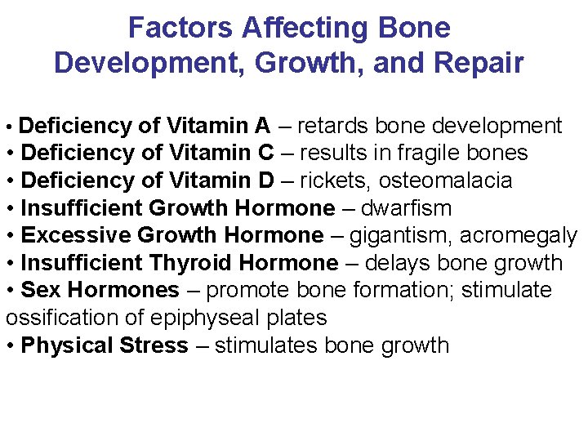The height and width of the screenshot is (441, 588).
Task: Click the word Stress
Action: [155, 345]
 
